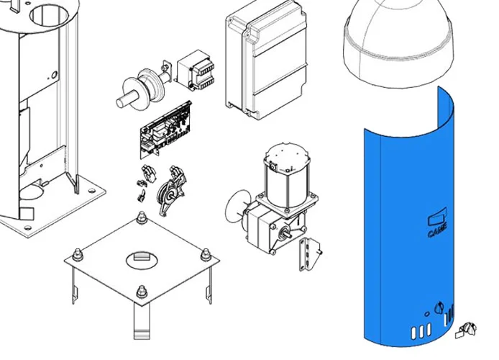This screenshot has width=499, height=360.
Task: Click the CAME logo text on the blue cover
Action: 438,230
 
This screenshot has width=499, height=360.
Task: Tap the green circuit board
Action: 165,130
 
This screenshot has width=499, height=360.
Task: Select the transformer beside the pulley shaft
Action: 195,70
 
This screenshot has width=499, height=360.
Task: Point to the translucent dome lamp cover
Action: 398,42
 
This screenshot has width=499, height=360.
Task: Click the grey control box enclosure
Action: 266,60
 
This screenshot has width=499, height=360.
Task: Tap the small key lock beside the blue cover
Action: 467,330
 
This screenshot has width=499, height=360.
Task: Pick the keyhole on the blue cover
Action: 439,307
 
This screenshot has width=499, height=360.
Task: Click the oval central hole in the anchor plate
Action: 142,260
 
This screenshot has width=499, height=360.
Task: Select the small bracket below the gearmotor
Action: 308,254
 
